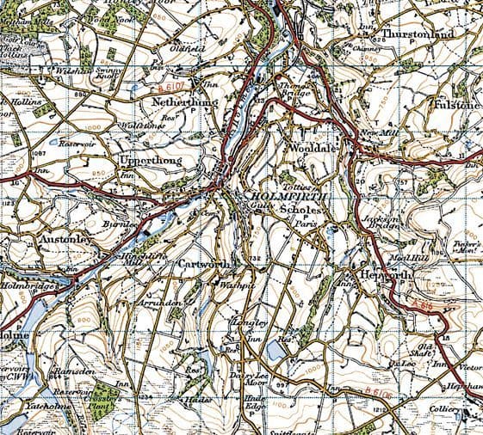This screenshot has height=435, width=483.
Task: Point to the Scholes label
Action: pos(305,210)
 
